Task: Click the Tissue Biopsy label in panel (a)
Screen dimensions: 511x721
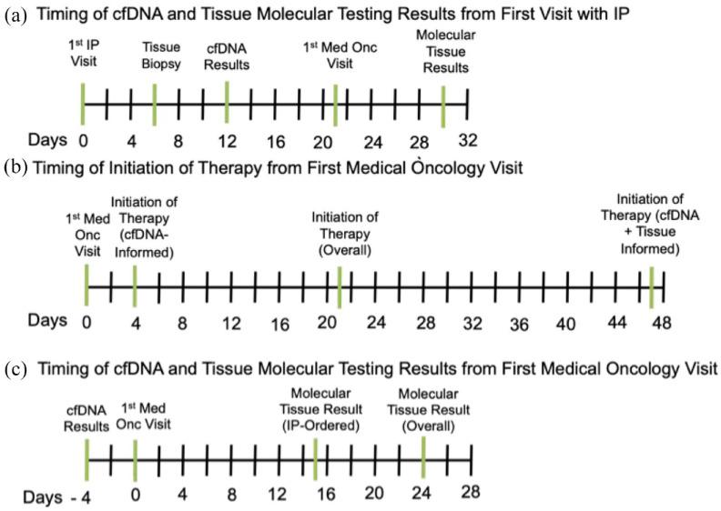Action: point(162,54)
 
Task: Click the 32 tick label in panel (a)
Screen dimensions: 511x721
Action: point(469,139)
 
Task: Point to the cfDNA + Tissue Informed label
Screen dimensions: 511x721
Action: point(649,223)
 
